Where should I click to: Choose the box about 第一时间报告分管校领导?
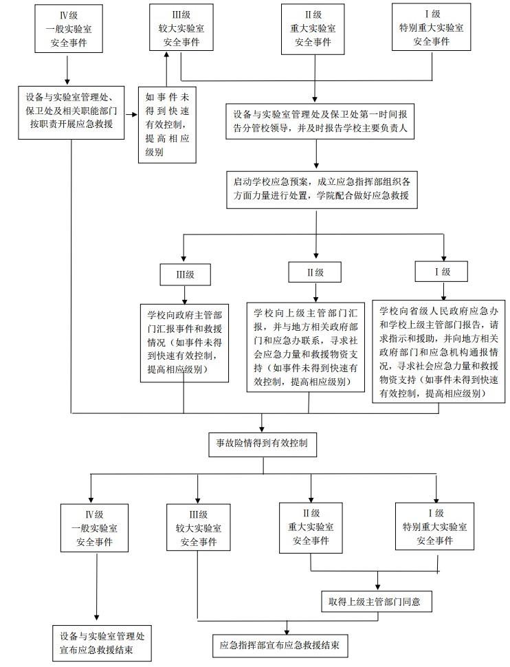point(320,122)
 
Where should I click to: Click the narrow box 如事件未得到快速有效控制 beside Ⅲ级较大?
point(164,124)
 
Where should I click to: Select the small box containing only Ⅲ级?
point(184,274)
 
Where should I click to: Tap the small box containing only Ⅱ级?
point(315,272)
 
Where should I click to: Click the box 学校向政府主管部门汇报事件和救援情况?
point(184,342)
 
